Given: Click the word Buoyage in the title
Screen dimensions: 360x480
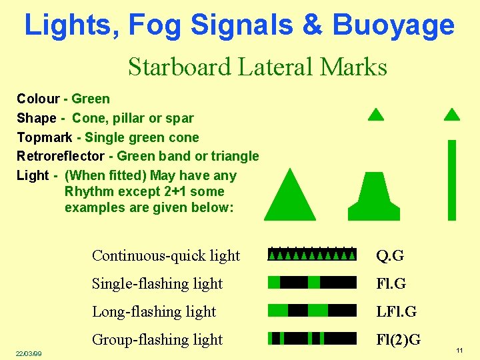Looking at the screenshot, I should click(393, 25).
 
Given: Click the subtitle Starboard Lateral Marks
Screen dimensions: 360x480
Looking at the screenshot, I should click(257, 67).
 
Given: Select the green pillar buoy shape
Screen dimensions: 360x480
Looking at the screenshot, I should click(374, 198).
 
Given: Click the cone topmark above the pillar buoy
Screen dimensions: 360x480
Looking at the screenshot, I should click(376, 115).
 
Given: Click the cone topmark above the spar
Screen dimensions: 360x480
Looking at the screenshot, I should click(452, 115).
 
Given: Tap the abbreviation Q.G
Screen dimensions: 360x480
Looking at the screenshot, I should click(390, 256).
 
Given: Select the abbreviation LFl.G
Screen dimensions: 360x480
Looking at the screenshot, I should click(396, 311).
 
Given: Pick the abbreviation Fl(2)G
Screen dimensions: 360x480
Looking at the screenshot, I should click(398, 339).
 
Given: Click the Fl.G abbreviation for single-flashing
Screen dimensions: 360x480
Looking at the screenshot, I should click(391, 283).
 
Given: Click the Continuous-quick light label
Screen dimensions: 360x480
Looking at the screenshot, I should click(166, 256).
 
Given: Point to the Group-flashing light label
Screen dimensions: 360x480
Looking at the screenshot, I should click(157, 339).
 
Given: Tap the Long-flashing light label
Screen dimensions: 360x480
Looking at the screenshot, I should click(154, 311).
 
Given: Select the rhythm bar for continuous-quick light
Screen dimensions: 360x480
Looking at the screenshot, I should click(312, 254).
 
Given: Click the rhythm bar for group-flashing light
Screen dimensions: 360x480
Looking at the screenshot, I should click(312, 338).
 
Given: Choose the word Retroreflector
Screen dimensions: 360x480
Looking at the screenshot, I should click(60, 156).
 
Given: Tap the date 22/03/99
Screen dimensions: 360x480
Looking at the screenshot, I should click(29, 353).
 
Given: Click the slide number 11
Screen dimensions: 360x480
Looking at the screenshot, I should click(459, 351).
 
